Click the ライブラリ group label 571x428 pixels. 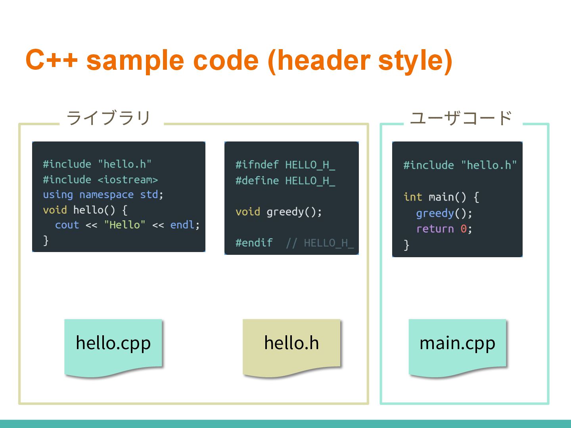109,118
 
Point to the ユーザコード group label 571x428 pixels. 461,118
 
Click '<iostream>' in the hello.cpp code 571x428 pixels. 128,180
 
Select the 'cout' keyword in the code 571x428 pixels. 67,225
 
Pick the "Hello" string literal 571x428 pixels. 125,225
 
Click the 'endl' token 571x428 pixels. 182,225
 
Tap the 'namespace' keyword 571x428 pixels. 106,195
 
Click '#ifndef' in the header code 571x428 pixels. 257,164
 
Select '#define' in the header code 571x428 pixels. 257,181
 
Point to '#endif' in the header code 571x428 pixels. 254,243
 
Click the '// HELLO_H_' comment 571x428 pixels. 320,243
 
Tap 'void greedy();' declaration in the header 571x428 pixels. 278,212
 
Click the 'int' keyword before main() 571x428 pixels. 412,197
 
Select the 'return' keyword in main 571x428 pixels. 435,229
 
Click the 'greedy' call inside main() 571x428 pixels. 435,213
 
